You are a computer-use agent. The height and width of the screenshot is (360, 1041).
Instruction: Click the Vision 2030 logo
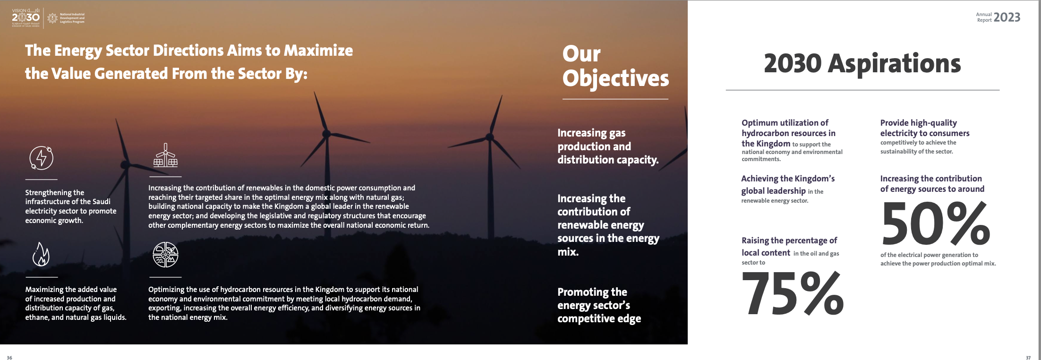tap(26, 17)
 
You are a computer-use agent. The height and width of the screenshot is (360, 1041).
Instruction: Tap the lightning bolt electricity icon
tap(42, 158)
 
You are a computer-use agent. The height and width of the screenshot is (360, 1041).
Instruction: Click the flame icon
tap(41, 254)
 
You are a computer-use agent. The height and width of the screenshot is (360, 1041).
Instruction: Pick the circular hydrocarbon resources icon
tap(165, 255)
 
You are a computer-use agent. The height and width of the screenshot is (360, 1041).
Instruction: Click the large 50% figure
tap(936, 223)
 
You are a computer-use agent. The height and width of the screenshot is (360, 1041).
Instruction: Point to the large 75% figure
tap(793, 293)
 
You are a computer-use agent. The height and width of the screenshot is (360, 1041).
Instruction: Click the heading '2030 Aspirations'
tap(862, 63)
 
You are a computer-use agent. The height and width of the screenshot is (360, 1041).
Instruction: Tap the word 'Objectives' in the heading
tap(615, 78)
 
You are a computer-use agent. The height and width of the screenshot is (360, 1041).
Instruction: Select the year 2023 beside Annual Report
tap(1007, 17)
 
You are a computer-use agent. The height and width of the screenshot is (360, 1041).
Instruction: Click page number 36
tap(9, 358)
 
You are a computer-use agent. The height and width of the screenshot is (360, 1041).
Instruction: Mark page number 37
tap(1028, 358)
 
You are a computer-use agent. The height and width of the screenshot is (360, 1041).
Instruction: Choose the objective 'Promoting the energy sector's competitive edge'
tap(599, 305)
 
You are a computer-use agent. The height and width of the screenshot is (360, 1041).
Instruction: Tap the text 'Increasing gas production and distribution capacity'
tap(608, 146)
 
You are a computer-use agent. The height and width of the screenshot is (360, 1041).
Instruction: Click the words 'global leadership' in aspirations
tap(773, 191)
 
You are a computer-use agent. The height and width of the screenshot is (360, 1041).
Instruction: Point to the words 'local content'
tap(766, 253)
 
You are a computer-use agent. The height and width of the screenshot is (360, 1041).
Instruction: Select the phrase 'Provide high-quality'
tap(918, 123)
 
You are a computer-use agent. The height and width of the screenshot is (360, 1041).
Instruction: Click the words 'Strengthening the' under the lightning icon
tap(54, 192)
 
